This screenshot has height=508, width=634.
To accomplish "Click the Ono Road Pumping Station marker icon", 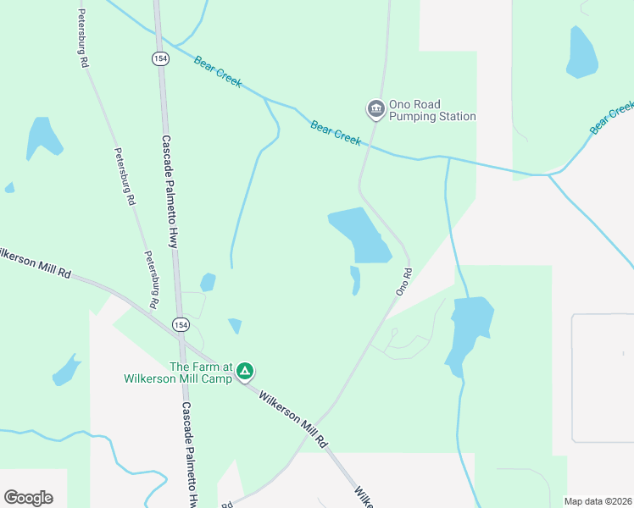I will click(x=375, y=109).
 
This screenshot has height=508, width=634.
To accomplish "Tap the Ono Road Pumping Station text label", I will click(x=431, y=110).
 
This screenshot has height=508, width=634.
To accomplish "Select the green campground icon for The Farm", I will click(x=245, y=371).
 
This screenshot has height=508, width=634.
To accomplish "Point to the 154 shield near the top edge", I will click(x=160, y=58).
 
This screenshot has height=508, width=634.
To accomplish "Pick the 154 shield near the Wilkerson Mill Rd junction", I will click(x=181, y=324).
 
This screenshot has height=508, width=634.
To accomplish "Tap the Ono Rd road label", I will click(x=403, y=282).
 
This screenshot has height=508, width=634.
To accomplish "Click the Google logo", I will click(x=28, y=498).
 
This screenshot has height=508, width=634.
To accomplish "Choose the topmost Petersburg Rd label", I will click(x=83, y=38).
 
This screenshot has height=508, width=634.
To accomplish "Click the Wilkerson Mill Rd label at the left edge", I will click(x=34, y=262).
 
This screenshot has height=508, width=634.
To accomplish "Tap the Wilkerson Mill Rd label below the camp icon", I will click(x=292, y=418).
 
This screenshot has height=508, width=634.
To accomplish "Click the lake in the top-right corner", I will click(x=581, y=52).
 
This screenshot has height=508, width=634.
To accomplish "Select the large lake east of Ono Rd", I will click(x=468, y=332).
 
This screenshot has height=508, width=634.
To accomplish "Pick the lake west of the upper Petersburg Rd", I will click(x=42, y=137).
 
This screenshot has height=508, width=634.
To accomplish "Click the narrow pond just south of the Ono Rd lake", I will click(x=355, y=280).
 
